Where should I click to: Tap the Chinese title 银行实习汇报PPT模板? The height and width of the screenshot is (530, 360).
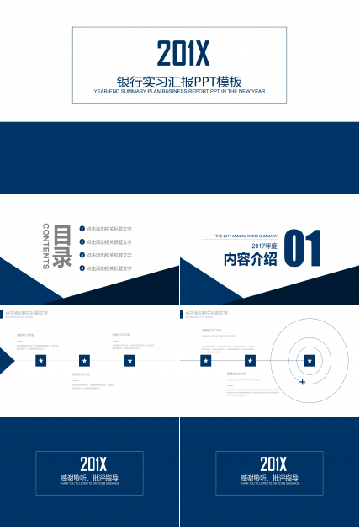click(x=180, y=82)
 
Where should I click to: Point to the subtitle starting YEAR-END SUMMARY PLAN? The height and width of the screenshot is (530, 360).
click(x=180, y=91)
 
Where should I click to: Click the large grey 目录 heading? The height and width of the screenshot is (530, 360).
click(x=62, y=246)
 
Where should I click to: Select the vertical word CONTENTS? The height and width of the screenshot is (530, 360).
click(x=45, y=245)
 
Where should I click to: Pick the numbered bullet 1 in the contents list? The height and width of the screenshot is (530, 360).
click(x=82, y=229)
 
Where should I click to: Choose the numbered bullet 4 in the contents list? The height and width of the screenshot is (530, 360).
click(x=82, y=268)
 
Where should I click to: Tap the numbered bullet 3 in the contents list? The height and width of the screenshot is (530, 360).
click(x=82, y=255)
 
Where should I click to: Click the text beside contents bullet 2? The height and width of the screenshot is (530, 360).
click(x=109, y=242)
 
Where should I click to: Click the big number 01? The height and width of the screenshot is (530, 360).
click(x=304, y=251)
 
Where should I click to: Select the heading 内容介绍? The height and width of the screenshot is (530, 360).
click(x=250, y=260)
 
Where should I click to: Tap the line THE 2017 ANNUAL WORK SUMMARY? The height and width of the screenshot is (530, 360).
click(x=246, y=236)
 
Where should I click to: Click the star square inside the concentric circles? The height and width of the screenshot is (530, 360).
click(x=310, y=361)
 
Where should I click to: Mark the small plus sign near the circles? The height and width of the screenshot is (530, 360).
click(x=302, y=382)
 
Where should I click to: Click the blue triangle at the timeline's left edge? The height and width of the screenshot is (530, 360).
click(x=6, y=361)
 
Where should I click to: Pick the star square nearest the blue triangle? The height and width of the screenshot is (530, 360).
click(x=41, y=361)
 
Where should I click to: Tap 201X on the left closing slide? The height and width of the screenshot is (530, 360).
click(x=93, y=464)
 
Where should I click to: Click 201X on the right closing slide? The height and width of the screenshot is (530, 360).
click(x=273, y=464)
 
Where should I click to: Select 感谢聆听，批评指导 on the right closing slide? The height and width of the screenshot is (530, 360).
click(x=269, y=478)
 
